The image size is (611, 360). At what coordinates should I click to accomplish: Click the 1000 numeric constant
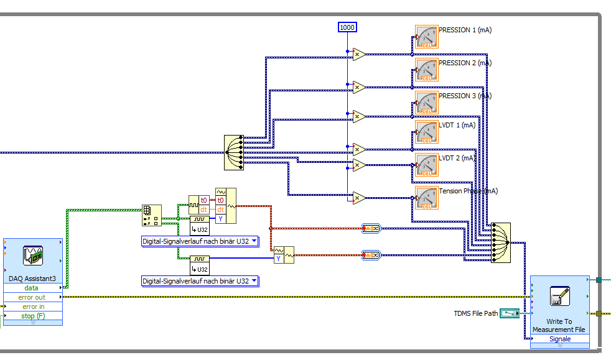[x=347, y=27]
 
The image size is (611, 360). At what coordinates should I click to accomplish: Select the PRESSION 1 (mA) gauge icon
[x=426, y=37]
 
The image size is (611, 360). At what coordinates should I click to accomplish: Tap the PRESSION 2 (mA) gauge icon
[x=426, y=70]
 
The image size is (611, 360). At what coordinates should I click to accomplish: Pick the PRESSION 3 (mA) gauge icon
[x=426, y=103]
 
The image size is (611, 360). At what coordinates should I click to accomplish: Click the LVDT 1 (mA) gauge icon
[x=426, y=132]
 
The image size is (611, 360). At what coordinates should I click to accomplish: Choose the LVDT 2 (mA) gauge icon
[x=426, y=165]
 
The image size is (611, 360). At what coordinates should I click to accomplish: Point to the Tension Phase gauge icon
[x=426, y=198]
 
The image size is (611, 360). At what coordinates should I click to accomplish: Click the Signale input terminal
[x=559, y=339]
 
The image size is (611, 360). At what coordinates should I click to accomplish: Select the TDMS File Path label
[x=476, y=313]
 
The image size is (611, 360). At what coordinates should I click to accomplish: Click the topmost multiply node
[x=359, y=55]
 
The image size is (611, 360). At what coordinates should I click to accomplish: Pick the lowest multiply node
[x=359, y=198]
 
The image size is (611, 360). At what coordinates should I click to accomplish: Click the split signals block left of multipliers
[x=234, y=152]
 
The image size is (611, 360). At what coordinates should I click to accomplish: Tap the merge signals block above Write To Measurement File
[x=501, y=242]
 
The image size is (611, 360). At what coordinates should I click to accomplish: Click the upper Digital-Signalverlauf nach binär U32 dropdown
[x=200, y=241]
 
